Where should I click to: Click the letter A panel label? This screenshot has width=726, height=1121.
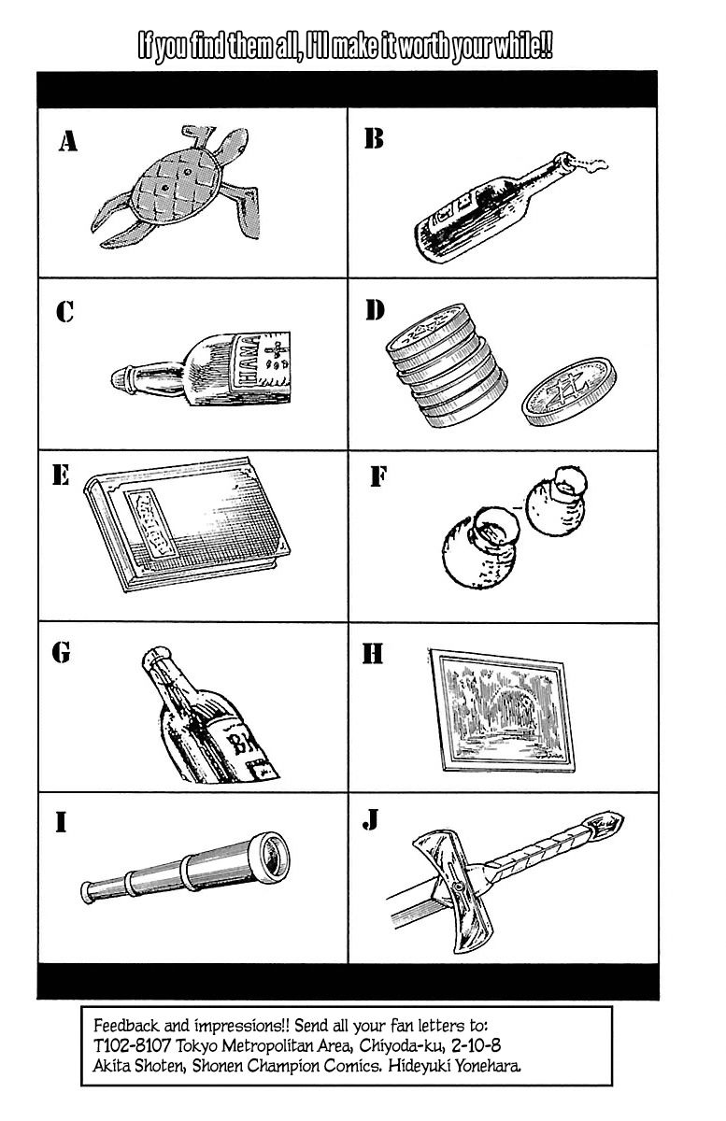point(68,141)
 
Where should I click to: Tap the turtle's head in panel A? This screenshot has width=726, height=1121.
point(234,144)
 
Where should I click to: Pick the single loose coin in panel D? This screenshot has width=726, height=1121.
point(569,390)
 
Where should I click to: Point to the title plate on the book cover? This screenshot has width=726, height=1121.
point(151,524)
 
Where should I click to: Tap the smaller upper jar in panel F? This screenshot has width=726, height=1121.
point(557,501)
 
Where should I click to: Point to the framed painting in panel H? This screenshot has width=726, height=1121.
point(502,710)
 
